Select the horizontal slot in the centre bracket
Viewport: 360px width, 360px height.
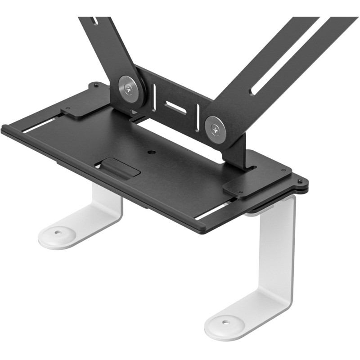coord(175,107)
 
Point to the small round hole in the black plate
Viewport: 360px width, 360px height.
coord(152,152)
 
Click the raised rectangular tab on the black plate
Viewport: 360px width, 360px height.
coord(120,168)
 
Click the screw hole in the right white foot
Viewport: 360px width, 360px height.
coord(226,323)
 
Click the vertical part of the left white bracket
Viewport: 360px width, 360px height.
coord(108,202)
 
